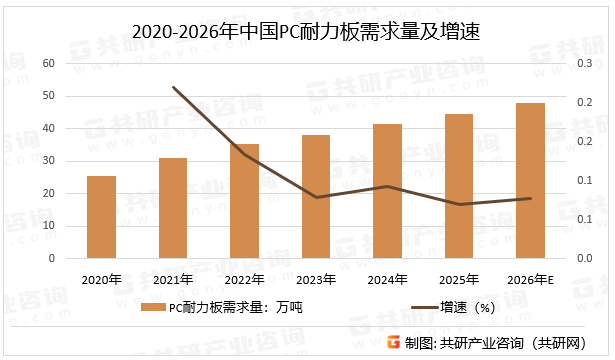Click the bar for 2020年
click(101, 217)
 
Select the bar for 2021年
click(173, 208)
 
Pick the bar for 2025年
click(459, 186)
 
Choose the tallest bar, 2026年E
click(530, 180)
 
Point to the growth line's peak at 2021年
click(173, 87)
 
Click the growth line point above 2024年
click(387, 186)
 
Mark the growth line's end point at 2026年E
click(530, 198)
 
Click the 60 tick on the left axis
click(48, 64)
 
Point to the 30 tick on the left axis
click(48, 161)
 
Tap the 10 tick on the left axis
click(48, 226)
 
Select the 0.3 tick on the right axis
click(579, 64)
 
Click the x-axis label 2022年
click(244, 278)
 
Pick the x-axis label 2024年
click(387, 278)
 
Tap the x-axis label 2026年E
click(531, 278)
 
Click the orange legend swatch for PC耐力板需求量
click(152, 307)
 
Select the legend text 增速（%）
click(476, 307)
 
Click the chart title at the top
click(307, 32)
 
